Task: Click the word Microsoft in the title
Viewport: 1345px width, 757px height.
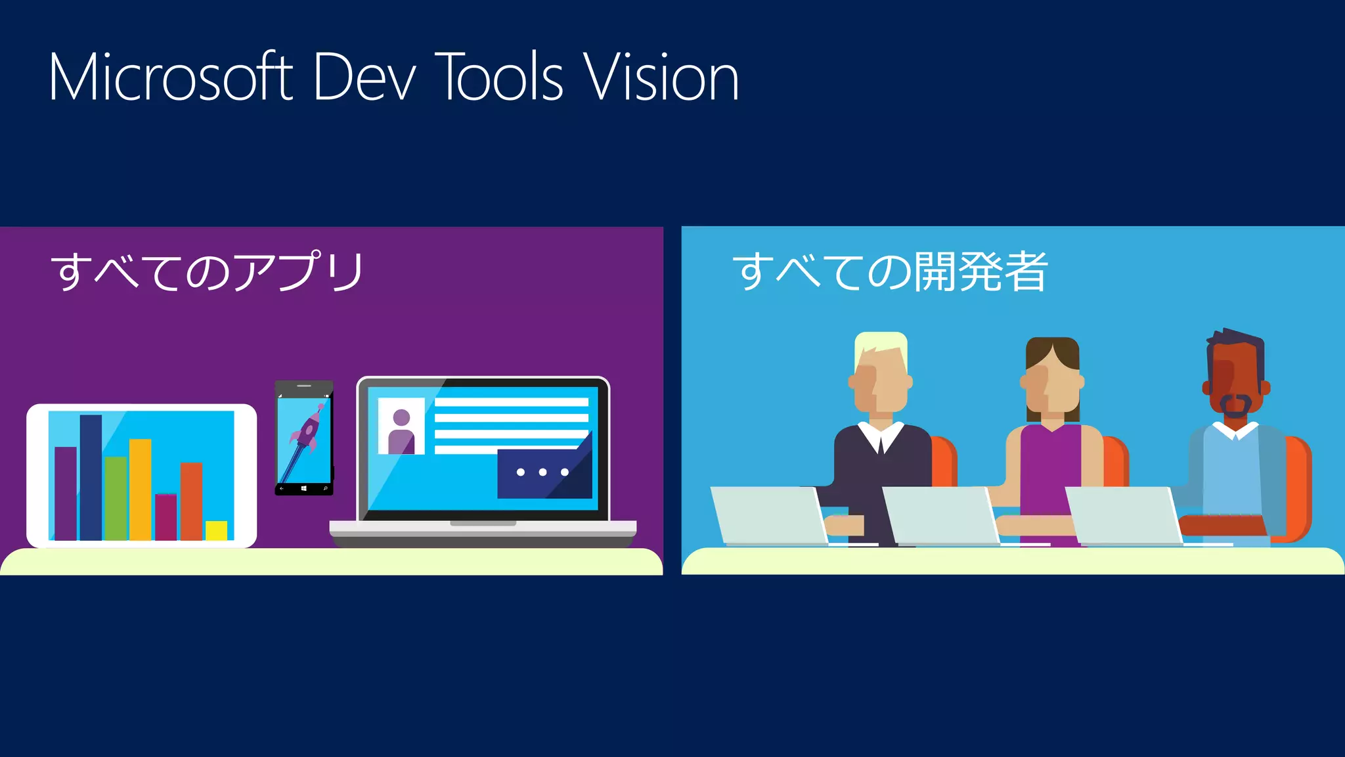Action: click(x=170, y=78)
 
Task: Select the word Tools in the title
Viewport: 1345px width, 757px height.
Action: click(x=500, y=78)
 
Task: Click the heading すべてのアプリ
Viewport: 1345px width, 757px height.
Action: click(x=208, y=271)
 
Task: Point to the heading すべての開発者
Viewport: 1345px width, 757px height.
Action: click(x=890, y=271)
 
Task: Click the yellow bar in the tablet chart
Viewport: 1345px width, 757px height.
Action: click(x=216, y=530)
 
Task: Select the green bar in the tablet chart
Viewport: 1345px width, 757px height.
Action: click(x=116, y=498)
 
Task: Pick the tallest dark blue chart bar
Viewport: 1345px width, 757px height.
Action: click(x=91, y=476)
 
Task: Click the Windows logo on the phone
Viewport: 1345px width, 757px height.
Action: click(x=304, y=489)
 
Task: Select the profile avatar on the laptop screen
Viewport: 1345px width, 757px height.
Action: click(x=401, y=430)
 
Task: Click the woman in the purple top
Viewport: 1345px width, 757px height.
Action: click(x=1051, y=453)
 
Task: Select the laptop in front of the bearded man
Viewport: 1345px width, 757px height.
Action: click(x=1124, y=516)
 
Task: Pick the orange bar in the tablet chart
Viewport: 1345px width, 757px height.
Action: click(x=191, y=501)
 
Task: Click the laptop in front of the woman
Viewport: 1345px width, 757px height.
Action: click(x=940, y=516)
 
